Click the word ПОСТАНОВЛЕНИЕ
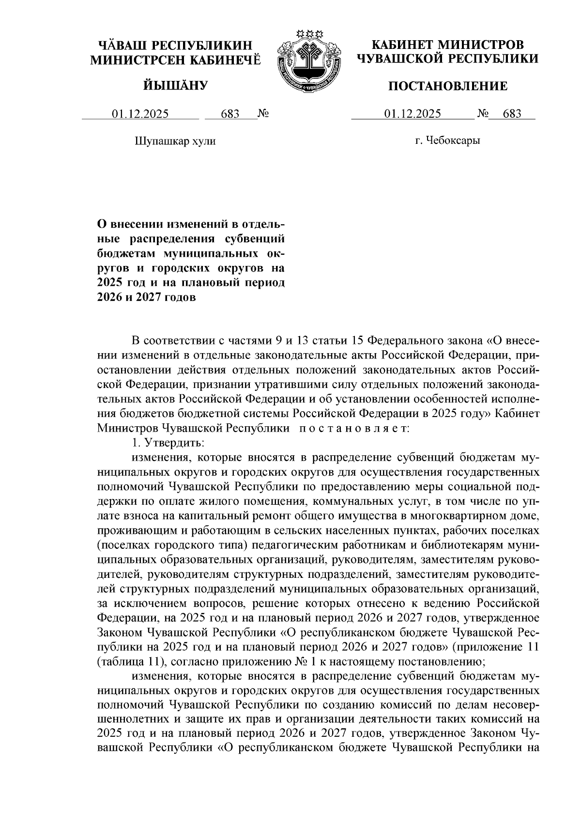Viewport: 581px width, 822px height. click(x=448, y=87)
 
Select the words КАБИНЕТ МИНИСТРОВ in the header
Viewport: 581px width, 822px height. click(x=447, y=45)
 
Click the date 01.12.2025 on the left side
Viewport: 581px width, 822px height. click(x=140, y=114)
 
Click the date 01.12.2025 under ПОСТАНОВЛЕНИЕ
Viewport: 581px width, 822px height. click(x=413, y=114)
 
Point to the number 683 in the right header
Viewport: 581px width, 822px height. click(x=512, y=114)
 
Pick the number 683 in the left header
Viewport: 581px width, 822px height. click(x=230, y=114)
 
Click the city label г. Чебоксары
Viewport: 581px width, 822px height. click(x=447, y=141)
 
